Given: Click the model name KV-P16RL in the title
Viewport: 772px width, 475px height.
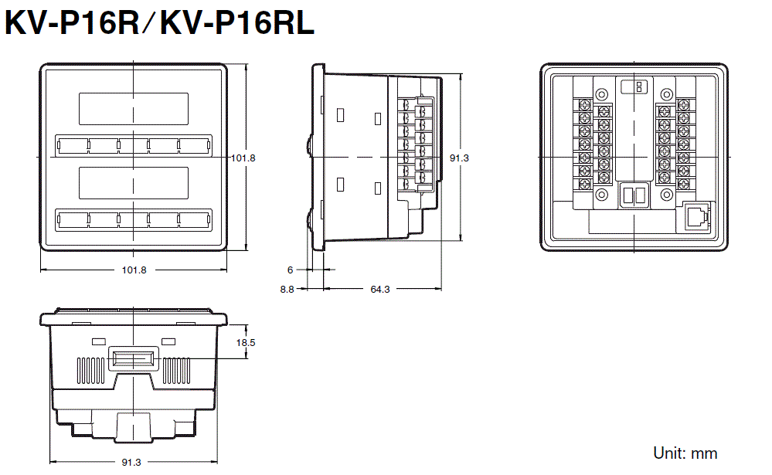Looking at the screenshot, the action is click(x=237, y=22).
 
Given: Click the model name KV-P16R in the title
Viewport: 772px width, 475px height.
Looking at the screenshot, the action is click(x=73, y=22).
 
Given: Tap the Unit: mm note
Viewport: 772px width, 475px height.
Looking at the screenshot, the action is click(x=685, y=453).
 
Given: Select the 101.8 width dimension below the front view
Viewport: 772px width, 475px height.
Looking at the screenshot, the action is click(x=134, y=270).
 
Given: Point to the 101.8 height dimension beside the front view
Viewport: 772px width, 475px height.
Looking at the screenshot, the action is click(x=243, y=158).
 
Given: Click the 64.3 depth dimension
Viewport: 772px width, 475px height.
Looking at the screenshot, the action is click(x=380, y=289).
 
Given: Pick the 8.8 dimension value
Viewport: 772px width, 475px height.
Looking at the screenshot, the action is click(x=287, y=289).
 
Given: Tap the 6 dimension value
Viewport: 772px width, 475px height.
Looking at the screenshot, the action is click(x=290, y=270).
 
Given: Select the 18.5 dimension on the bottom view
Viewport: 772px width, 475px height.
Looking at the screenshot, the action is click(x=246, y=343).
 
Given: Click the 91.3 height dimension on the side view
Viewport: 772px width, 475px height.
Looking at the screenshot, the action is click(x=459, y=158).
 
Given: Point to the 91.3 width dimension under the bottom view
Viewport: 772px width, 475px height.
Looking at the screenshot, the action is click(x=131, y=462).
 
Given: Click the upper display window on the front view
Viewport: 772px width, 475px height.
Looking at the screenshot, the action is click(x=134, y=109).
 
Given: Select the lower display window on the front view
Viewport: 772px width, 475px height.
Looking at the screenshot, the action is click(x=134, y=183).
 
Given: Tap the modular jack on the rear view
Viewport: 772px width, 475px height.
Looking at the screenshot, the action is click(x=695, y=216).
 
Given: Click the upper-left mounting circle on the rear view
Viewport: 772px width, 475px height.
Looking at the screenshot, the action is click(x=602, y=94).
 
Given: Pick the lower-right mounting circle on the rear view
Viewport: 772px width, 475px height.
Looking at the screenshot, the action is click(x=667, y=195).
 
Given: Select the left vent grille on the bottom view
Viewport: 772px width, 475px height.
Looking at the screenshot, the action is click(x=92, y=371).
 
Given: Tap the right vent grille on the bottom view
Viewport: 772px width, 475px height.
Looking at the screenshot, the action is click(x=176, y=371).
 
